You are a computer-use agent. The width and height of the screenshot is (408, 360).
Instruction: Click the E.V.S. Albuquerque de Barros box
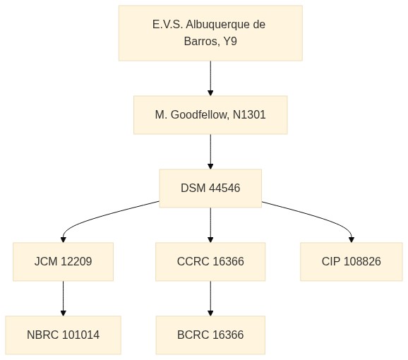click(210, 33)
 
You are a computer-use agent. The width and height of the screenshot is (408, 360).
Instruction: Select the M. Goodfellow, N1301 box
click(210, 115)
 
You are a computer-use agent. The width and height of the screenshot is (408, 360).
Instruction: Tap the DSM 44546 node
click(210, 188)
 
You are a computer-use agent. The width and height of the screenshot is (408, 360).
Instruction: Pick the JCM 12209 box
click(64, 262)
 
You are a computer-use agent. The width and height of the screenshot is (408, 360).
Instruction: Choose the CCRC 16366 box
click(210, 262)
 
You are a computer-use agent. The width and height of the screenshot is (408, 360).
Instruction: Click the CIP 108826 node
click(352, 262)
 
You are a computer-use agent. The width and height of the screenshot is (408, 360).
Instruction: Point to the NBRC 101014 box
click(64, 335)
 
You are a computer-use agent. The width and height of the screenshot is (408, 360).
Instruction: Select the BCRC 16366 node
click(210, 335)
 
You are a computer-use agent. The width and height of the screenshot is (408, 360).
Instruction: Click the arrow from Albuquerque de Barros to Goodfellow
click(210, 78)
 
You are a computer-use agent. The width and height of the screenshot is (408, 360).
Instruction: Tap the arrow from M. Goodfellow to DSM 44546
click(210, 152)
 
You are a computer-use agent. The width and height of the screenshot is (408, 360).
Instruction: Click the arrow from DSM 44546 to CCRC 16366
click(210, 225)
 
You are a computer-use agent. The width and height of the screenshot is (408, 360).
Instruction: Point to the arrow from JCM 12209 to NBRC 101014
click(64, 299)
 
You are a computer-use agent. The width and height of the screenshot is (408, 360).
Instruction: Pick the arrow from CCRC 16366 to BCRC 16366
click(210, 299)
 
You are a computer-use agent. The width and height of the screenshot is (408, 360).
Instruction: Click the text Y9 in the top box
click(230, 41)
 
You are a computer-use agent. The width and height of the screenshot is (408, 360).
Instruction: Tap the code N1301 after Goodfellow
click(249, 115)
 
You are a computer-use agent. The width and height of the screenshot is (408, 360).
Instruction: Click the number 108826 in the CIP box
click(362, 261)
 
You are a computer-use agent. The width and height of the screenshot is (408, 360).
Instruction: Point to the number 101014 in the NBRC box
click(81, 335)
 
